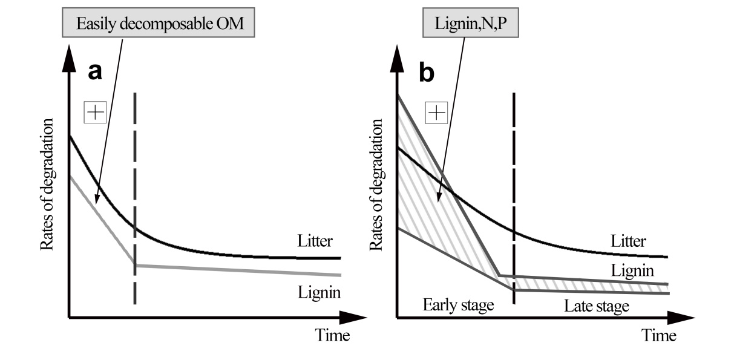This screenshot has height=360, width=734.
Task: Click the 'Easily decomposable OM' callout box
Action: (163, 25)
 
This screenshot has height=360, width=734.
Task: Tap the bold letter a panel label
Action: (94, 71)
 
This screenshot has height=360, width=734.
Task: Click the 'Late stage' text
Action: (597, 306)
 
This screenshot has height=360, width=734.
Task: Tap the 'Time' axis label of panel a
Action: (332, 335)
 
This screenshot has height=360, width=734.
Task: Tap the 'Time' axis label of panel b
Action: (659, 335)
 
